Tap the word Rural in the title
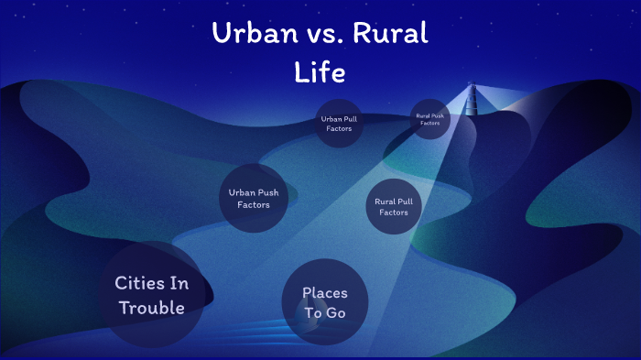pyautogui.click(x=391, y=35)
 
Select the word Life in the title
pyautogui.click(x=320, y=71)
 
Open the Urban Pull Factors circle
pyautogui.click(x=339, y=123)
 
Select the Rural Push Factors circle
pyautogui.click(x=429, y=119)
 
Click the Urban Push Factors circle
pyautogui.click(x=254, y=198)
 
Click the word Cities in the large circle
pyautogui.click(x=139, y=283)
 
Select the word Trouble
pyautogui.click(x=152, y=308)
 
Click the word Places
pyautogui.click(x=325, y=293)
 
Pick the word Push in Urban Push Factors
pyautogui.click(x=268, y=192)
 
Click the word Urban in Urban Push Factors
pyautogui.click(x=241, y=192)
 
